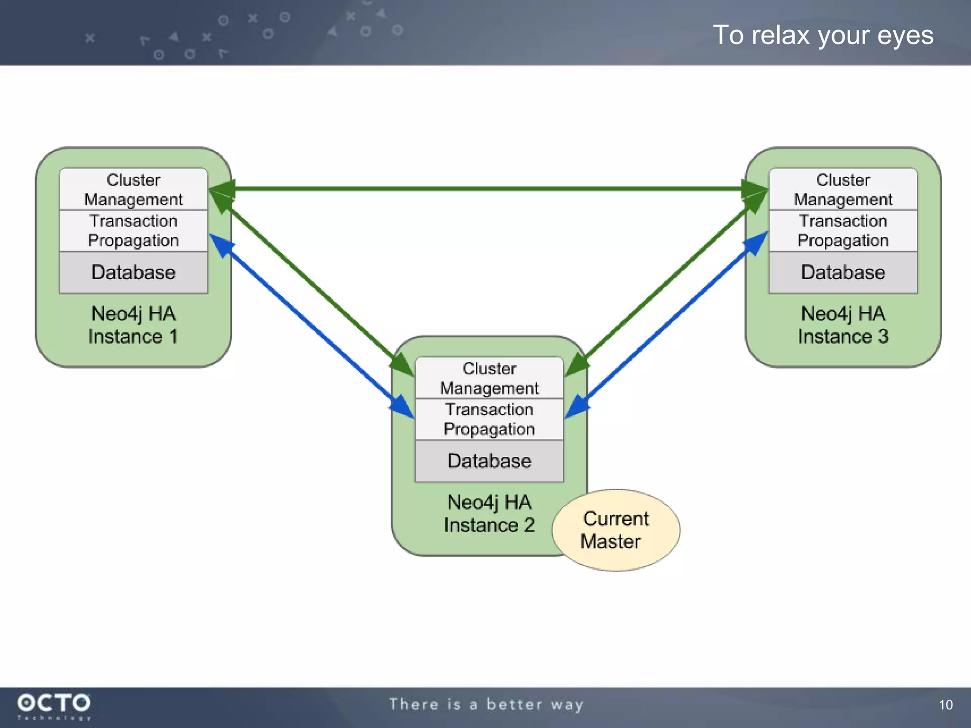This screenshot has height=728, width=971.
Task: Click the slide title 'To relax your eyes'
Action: coord(823,36)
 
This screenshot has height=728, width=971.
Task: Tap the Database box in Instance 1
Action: coord(133,273)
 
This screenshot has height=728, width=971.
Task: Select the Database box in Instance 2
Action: coord(489,461)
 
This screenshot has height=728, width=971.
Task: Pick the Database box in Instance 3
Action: coord(843,273)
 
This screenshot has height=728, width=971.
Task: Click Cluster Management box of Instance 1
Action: coord(133,190)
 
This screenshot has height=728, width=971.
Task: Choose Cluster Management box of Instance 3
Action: coord(843,190)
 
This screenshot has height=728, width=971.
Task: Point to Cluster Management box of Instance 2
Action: coord(489,378)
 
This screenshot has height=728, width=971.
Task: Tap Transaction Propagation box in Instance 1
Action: coord(133,231)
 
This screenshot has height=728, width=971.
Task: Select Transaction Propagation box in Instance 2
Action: coord(489,419)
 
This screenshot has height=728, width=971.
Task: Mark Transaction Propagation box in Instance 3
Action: coord(843,231)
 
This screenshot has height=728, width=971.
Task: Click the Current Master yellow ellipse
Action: coord(615,530)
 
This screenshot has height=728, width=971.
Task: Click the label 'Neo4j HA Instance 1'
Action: coord(133,325)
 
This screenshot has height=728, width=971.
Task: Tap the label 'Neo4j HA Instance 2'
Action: coord(489,514)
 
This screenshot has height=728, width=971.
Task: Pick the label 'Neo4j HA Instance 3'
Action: coord(843,325)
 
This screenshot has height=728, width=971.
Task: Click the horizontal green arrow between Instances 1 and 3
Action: coord(488,189)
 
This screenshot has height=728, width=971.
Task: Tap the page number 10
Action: coord(945,705)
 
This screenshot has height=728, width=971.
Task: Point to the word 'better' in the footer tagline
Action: coord(514,705)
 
